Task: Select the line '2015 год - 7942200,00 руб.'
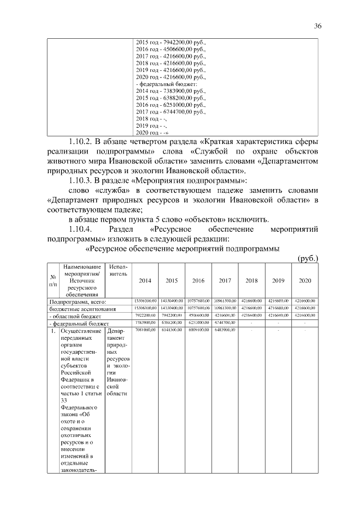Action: coord(171,42)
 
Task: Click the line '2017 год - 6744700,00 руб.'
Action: coord(171,112)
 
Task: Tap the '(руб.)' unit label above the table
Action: coord(308,258)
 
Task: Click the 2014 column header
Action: coord(145,280)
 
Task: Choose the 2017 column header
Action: coord(225,280)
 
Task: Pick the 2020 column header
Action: coord(305,280)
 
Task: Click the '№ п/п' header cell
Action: coord(52,280)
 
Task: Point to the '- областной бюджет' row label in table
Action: coord(74,316)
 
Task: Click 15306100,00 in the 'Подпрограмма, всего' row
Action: coord(145,301)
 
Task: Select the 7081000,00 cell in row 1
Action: coord(145,331)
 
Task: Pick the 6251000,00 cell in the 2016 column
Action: coord(198,323)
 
